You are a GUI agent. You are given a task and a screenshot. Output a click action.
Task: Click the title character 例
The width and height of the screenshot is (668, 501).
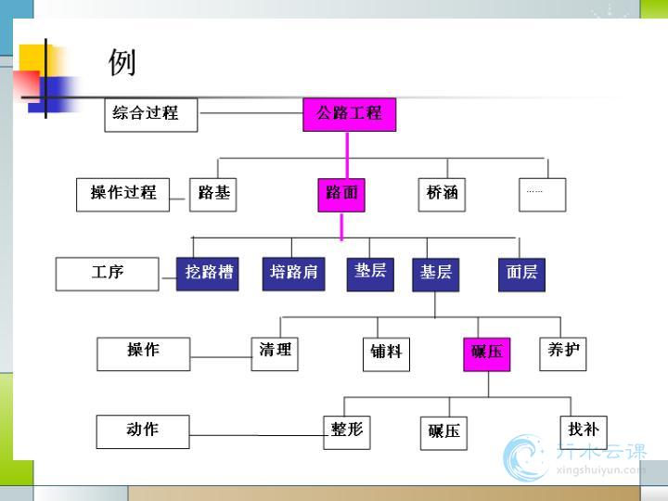click(x=122, y=62)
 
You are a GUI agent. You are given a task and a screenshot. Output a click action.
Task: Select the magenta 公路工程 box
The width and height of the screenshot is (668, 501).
click(x=349, y=114)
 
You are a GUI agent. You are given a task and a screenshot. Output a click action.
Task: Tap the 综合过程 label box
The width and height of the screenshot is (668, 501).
click(x=150, y=114)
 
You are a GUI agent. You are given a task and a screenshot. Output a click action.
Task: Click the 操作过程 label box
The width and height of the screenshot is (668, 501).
click(x=123, y=194)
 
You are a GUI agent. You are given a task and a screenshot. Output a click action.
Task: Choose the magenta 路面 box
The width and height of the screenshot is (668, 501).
click(x=341, y=195)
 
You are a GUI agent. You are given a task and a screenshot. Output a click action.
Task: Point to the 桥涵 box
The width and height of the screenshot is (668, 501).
click(x=442, y=194)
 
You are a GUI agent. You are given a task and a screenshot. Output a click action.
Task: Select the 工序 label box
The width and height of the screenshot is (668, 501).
click(x=109, y=274)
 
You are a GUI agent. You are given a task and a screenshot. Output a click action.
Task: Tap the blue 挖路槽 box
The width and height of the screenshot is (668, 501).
click(x=208, y=274)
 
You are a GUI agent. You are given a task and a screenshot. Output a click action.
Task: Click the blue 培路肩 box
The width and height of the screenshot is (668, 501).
click(x=293, y=273)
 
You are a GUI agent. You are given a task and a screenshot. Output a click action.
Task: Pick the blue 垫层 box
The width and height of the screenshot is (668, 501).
click(x=370, y=273)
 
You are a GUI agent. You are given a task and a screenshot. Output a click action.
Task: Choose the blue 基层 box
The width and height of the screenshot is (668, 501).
click(x=435, y=274)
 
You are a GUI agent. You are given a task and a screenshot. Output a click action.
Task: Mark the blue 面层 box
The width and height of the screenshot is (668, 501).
click(x=521, y=274)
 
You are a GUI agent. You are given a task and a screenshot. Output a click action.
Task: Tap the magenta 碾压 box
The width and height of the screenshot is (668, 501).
click(x=486, y=353)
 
